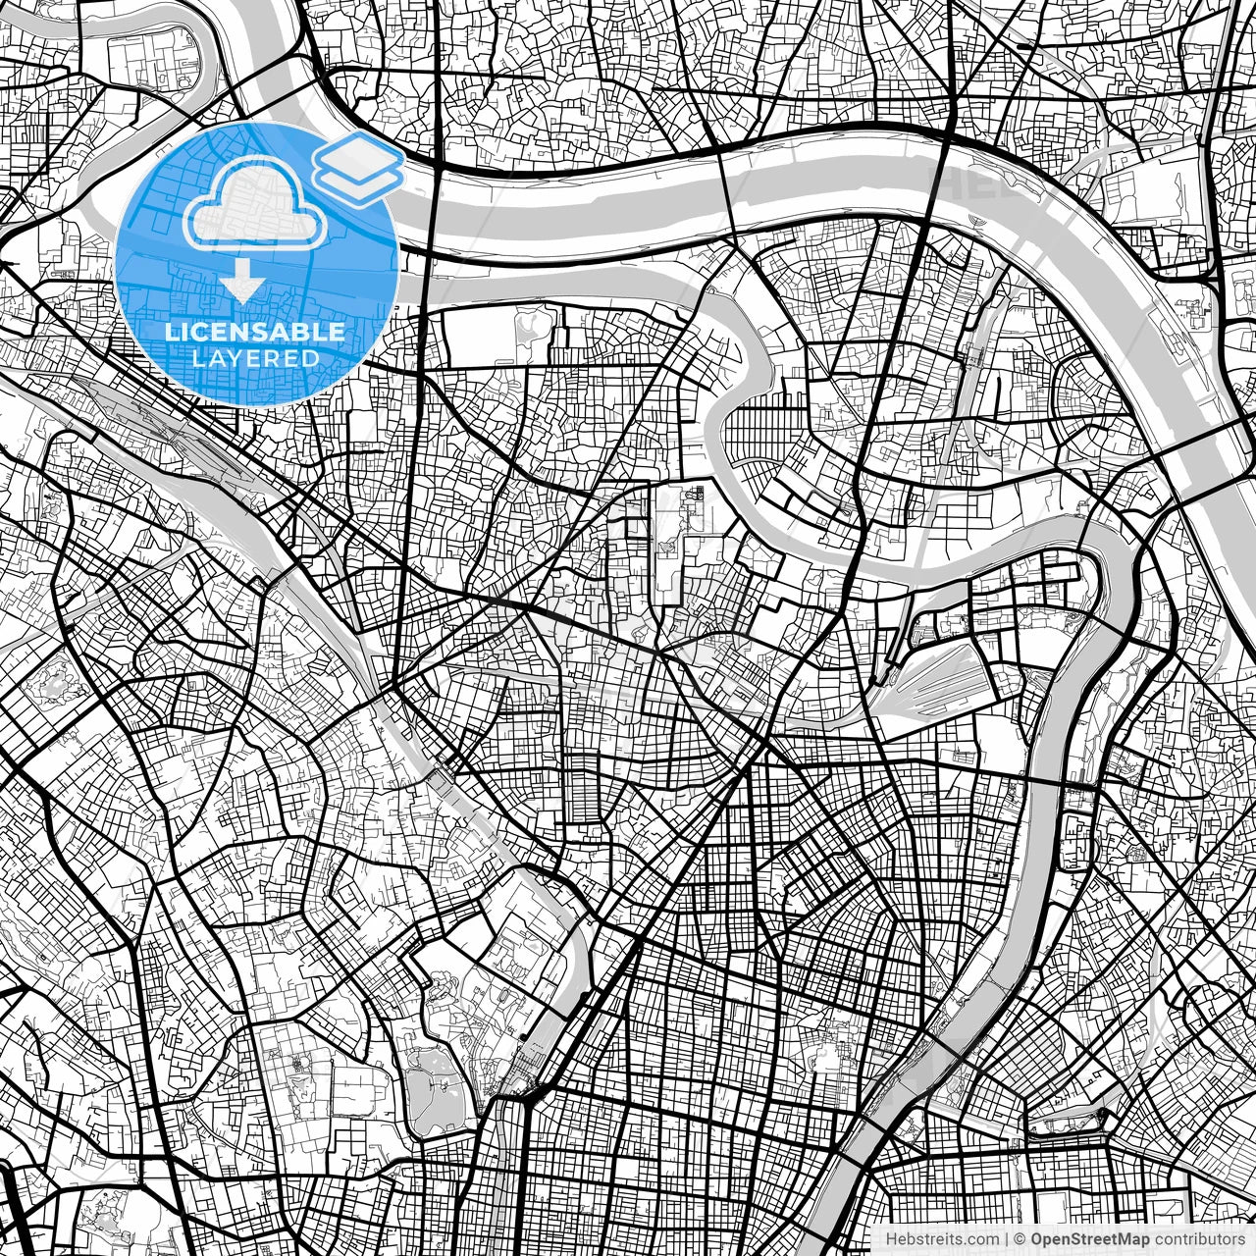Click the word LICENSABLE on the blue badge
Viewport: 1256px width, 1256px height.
point(255,332)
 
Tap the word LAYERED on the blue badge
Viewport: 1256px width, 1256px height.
point(255,358)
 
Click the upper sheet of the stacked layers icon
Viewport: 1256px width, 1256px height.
point(358,155)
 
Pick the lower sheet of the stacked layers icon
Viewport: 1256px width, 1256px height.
point(359,183)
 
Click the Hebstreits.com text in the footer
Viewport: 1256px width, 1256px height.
point(942,1239)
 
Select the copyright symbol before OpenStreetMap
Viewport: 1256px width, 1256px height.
point(1020,1239)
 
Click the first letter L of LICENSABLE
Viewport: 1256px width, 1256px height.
point(171,332)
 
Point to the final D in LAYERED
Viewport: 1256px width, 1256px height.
point(312,358)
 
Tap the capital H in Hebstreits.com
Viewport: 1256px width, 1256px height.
point(891,1239)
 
